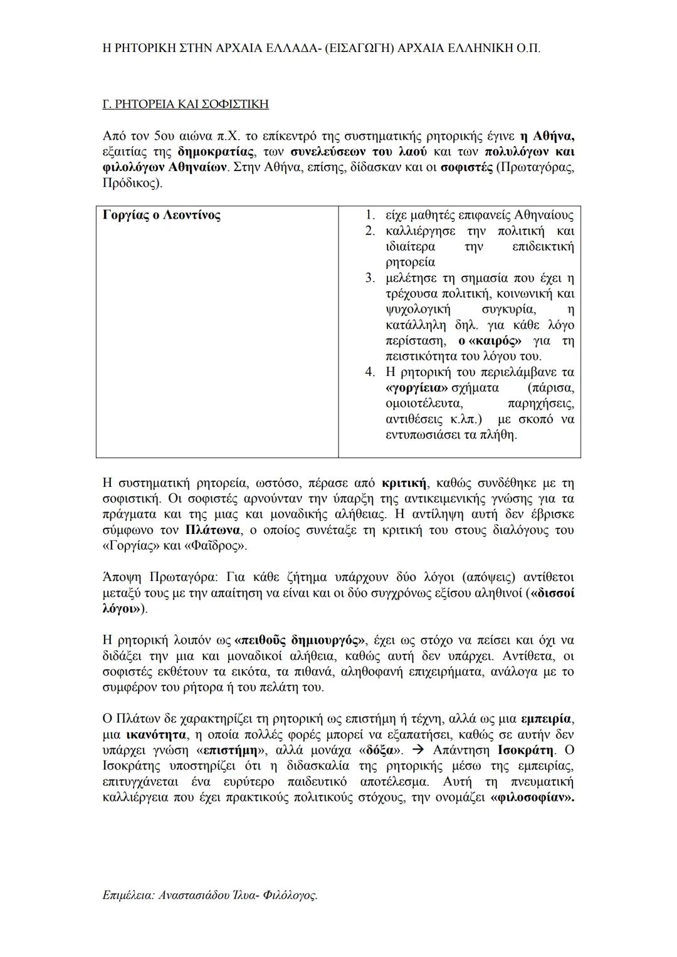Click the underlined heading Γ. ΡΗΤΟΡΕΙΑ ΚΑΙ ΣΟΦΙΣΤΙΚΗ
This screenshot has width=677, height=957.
click(x=185, y=104)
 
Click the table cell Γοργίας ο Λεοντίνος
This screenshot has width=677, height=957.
click(x=161, y=216)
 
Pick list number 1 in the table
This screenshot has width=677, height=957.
click(x=370, y=216)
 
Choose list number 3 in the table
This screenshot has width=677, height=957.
click(x=370, y=278)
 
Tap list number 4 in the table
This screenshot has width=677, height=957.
click(x=370, y=372)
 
